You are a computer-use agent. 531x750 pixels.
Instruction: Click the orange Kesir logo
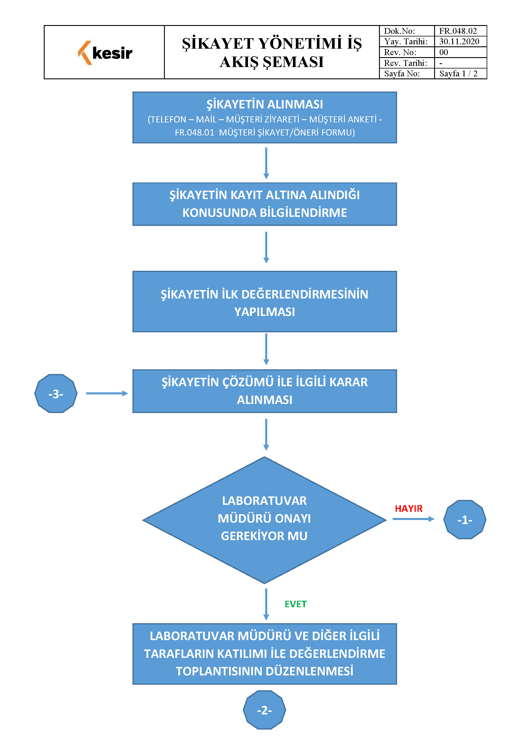(105, 53)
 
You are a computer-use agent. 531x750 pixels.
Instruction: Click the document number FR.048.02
(458, 31)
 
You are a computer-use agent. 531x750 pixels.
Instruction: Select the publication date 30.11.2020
(459, 41)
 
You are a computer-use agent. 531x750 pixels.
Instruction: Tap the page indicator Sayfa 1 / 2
(458, 73)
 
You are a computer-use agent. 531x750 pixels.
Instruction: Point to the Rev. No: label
(400, 52)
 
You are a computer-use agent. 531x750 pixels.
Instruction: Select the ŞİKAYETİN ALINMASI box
(265, 117)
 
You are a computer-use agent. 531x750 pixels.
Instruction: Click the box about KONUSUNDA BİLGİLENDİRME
(265, 204)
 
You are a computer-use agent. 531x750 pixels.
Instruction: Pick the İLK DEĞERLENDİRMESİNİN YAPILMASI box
(265, 301)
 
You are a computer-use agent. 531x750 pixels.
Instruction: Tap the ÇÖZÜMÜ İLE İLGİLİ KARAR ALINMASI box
(265, 391)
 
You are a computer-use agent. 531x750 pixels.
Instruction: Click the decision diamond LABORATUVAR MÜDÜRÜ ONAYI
(265, 520)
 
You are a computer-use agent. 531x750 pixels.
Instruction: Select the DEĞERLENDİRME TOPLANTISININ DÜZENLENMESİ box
(265, 654)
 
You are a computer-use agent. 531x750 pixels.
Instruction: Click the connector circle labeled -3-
(56, 394)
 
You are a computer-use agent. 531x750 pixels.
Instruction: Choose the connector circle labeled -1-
(464, 519)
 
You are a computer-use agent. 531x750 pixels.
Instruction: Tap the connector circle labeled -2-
(265, 710)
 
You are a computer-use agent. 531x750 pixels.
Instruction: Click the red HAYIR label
(409, 509)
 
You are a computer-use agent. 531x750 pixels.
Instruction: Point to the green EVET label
(296, 604)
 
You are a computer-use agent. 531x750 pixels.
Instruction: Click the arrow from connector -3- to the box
(107, 393)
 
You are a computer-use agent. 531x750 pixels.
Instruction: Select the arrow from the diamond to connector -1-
(414, 519)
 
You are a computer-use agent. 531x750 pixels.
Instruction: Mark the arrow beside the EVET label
(266, 604)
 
